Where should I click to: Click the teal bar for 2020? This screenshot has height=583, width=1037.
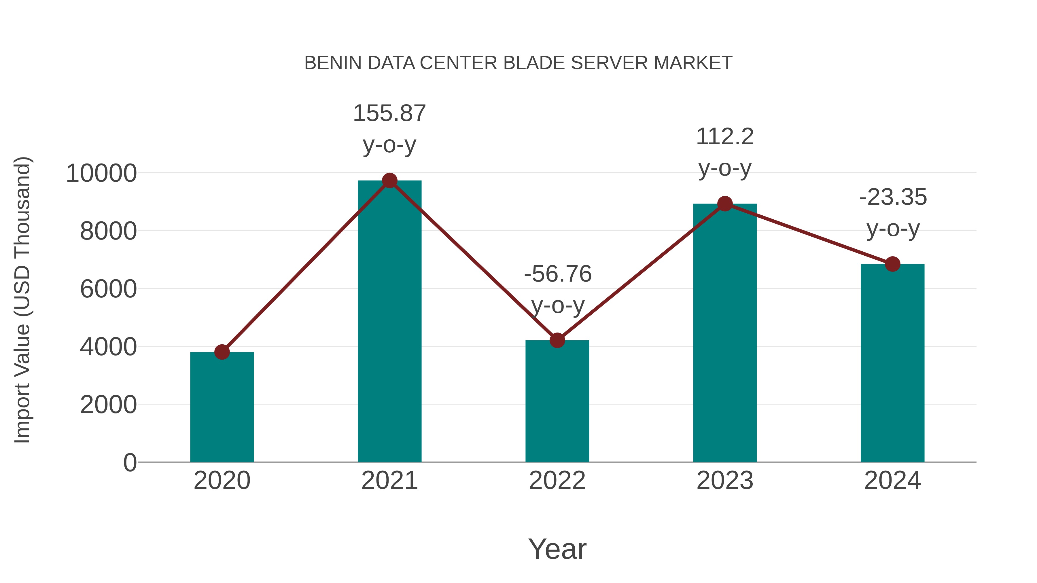(222, 406)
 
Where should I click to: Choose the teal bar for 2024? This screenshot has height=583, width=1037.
(892, 362)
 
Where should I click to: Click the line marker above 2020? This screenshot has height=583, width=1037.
(222, 352)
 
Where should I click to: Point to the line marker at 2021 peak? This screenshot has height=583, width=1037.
(389, 181)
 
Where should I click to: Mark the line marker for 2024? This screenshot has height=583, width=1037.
(892, 264)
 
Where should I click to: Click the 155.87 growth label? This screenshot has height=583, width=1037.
(389, 113)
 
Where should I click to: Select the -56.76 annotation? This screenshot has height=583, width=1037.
(558, 274)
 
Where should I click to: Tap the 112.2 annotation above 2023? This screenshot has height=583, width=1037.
(725, 137)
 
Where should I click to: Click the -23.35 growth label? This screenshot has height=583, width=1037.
(893, 197)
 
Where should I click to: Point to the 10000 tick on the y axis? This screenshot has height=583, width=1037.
(101, 173)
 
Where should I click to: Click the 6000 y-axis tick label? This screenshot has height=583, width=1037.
(108, 289)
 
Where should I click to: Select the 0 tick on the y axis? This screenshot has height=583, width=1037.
(130, 462)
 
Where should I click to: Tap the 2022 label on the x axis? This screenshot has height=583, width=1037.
(557, 481)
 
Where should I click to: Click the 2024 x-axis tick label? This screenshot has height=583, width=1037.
(892, 481)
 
